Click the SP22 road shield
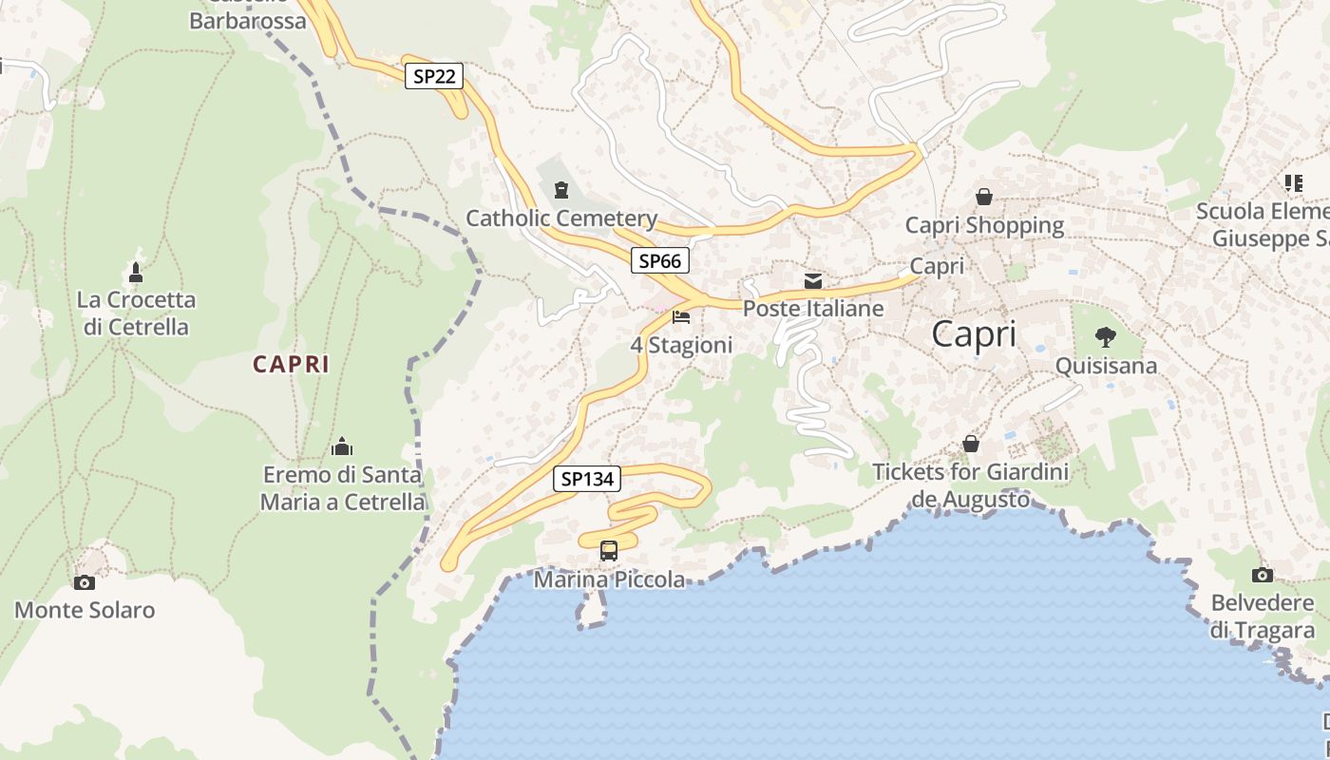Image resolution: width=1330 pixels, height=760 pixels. point(434,77)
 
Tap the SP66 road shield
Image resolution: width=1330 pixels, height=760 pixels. point(660,260)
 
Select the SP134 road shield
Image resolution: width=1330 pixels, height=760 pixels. point(587,480)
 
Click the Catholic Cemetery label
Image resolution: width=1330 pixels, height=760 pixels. point(561,218)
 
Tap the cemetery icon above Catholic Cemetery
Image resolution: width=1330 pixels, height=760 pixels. point(561,188)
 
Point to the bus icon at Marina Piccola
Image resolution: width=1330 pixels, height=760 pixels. point(609,550)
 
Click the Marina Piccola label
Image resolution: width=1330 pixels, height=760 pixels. point(609,579)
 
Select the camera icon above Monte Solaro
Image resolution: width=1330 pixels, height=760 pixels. point(85,582)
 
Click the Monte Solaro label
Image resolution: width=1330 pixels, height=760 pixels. point(85,610)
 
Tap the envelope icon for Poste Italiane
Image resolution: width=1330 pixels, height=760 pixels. point(813,281)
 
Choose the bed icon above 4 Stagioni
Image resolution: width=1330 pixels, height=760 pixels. point(681,317)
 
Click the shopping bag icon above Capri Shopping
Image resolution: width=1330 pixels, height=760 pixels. point(984,197)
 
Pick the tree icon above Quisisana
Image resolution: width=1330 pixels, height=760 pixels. point(1106,336)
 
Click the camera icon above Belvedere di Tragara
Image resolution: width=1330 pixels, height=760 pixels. point(1263,575)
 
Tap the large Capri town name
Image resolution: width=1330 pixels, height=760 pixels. point(974,334)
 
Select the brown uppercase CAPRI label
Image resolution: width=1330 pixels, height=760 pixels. point(291,364)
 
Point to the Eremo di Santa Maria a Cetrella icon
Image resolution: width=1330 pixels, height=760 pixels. point(342,446)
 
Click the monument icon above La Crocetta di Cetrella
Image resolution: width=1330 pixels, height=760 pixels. point(136,273)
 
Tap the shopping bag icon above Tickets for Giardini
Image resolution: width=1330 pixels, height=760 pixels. point(971,444)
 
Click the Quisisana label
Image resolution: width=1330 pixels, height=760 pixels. point(1106,366)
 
